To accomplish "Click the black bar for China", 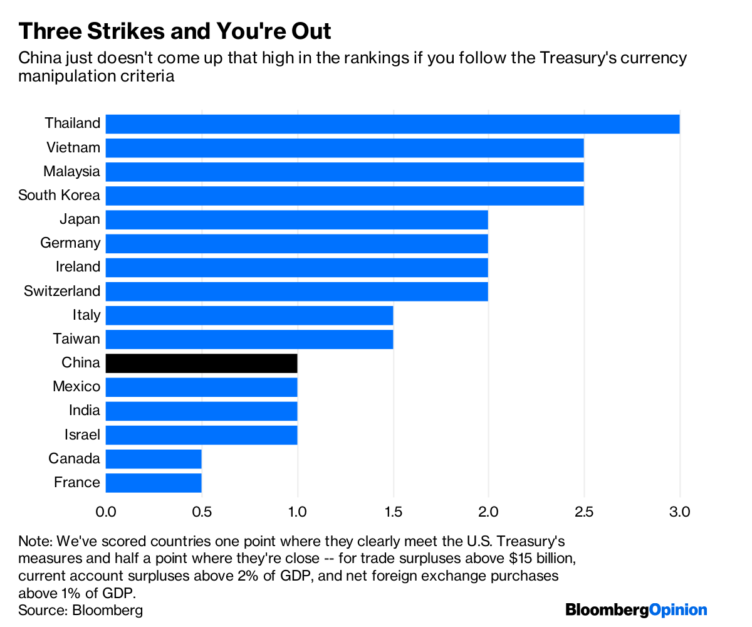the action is coord(201,363).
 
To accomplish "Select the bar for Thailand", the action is coord(392,124).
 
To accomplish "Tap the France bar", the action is coord(154,483).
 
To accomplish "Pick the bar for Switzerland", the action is coord(297,292).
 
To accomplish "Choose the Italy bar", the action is coord(249,315).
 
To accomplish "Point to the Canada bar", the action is coord(154,459).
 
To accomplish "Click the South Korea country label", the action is coord(59,195).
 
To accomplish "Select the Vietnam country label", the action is coord(73,147).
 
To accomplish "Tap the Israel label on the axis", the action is coord(82,435).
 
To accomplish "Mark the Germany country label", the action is coord(70,243).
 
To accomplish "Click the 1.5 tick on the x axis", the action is coord(394,512).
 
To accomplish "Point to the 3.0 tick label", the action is coord(679,512).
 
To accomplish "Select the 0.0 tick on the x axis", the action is coord(106,512).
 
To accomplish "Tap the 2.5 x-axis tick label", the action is coord(584,512).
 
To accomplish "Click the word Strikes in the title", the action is coord(126,31).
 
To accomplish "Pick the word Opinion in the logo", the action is coord(678,610).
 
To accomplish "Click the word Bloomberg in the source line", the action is coord(107,611).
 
